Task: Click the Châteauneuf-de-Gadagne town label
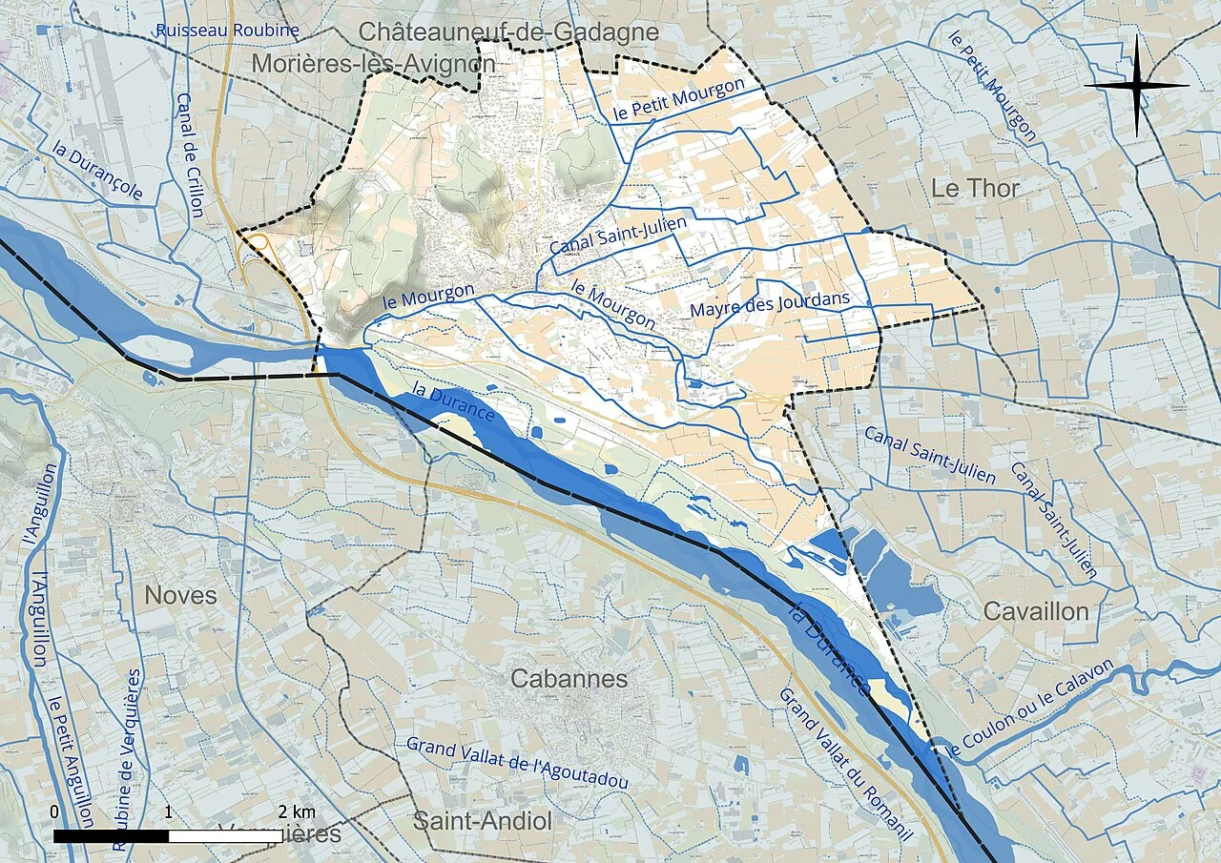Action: tap(508, 31)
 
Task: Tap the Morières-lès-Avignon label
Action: tap(374, 64)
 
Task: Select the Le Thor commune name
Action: tap(975, 188)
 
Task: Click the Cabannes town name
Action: tap(569, 679)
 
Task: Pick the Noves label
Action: tap(180, 595)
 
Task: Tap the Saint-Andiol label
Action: tap(482, 820)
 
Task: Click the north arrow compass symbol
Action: tap(1136, 85)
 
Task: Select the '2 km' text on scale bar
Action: tap(297, 812)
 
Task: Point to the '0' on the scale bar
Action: tap(54, 812)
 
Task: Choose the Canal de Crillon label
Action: tap(190, 154)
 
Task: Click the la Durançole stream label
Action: tap(98, 173)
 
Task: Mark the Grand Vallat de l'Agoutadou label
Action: tap(517, 762)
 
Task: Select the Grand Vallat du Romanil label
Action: tap(845, 764)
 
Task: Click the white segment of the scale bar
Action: tap(225, 836)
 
